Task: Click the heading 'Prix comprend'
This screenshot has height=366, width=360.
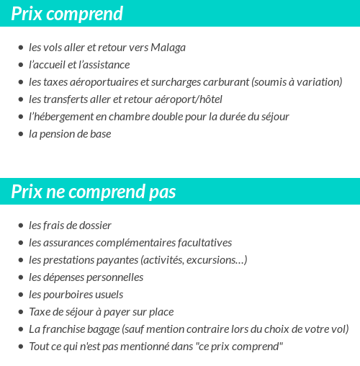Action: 67,14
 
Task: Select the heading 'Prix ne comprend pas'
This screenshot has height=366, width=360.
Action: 94,192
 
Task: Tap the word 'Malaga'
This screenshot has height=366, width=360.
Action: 168,48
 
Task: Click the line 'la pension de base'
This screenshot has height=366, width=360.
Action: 70,134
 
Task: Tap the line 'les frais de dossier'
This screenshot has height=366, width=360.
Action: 70,226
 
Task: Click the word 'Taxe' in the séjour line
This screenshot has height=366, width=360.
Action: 40,312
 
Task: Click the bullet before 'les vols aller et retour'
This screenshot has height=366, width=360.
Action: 20,48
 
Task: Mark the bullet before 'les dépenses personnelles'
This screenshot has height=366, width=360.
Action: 20,278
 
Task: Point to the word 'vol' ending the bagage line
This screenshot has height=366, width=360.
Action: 341,329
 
